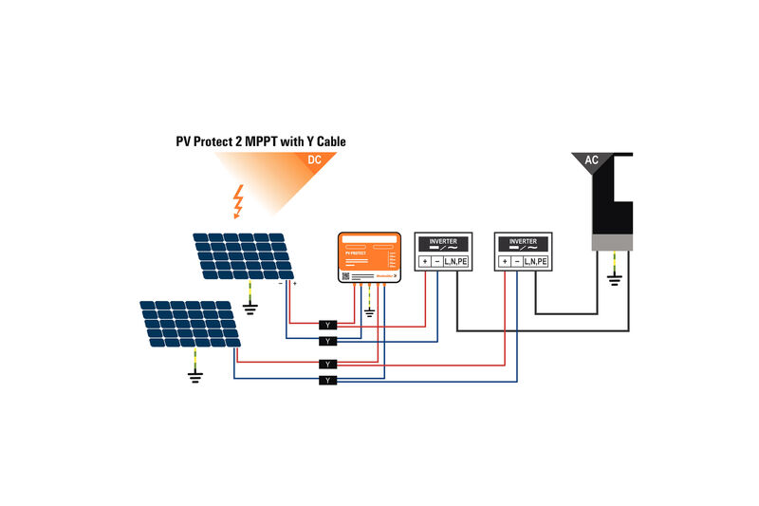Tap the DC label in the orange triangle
click(x=317, y=159)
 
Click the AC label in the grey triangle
click(x=591, y=160)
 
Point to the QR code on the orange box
click(x=346, y=275)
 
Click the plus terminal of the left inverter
click(x=425, y=261)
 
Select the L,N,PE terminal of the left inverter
click(x=455, y=261)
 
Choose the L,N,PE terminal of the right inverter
click(x=535, y=261)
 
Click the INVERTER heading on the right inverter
click(x=523, y=242)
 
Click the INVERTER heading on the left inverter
click(x=443, y=242)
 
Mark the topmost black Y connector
click(x=328, y=324)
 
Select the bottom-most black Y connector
click(x=328, y=380)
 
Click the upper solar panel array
click(x=243, y=256)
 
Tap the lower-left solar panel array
click(x=190, y=324)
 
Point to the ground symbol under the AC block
click(x=613, y=278)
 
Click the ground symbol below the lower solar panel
click(x=195, y=376)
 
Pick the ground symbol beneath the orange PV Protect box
click(x=370, y=310)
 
